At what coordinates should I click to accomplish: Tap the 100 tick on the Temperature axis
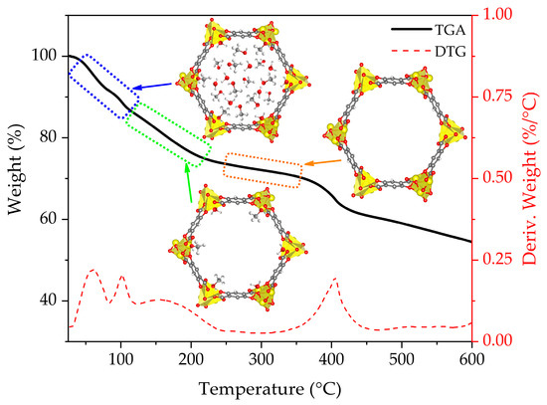click(x=120, y=359)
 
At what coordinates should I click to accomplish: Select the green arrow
click(x=189, y=185)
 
